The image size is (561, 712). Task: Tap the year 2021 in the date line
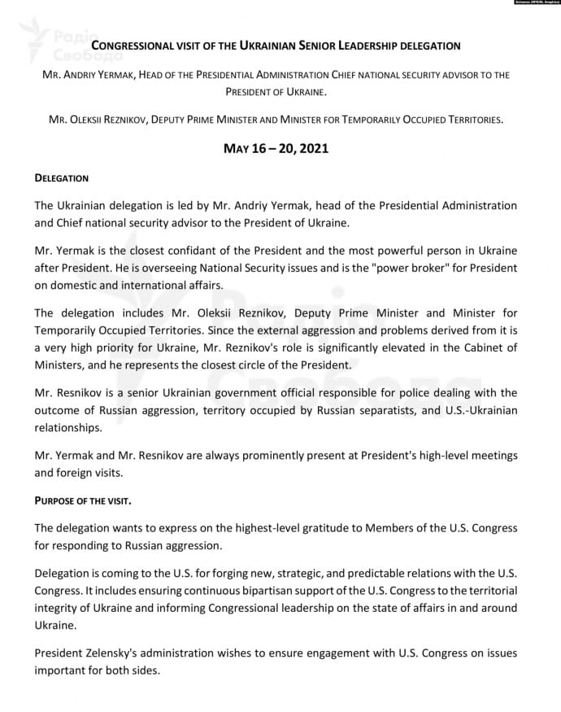[305, 150]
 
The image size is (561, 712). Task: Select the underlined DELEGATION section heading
[62, 177]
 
